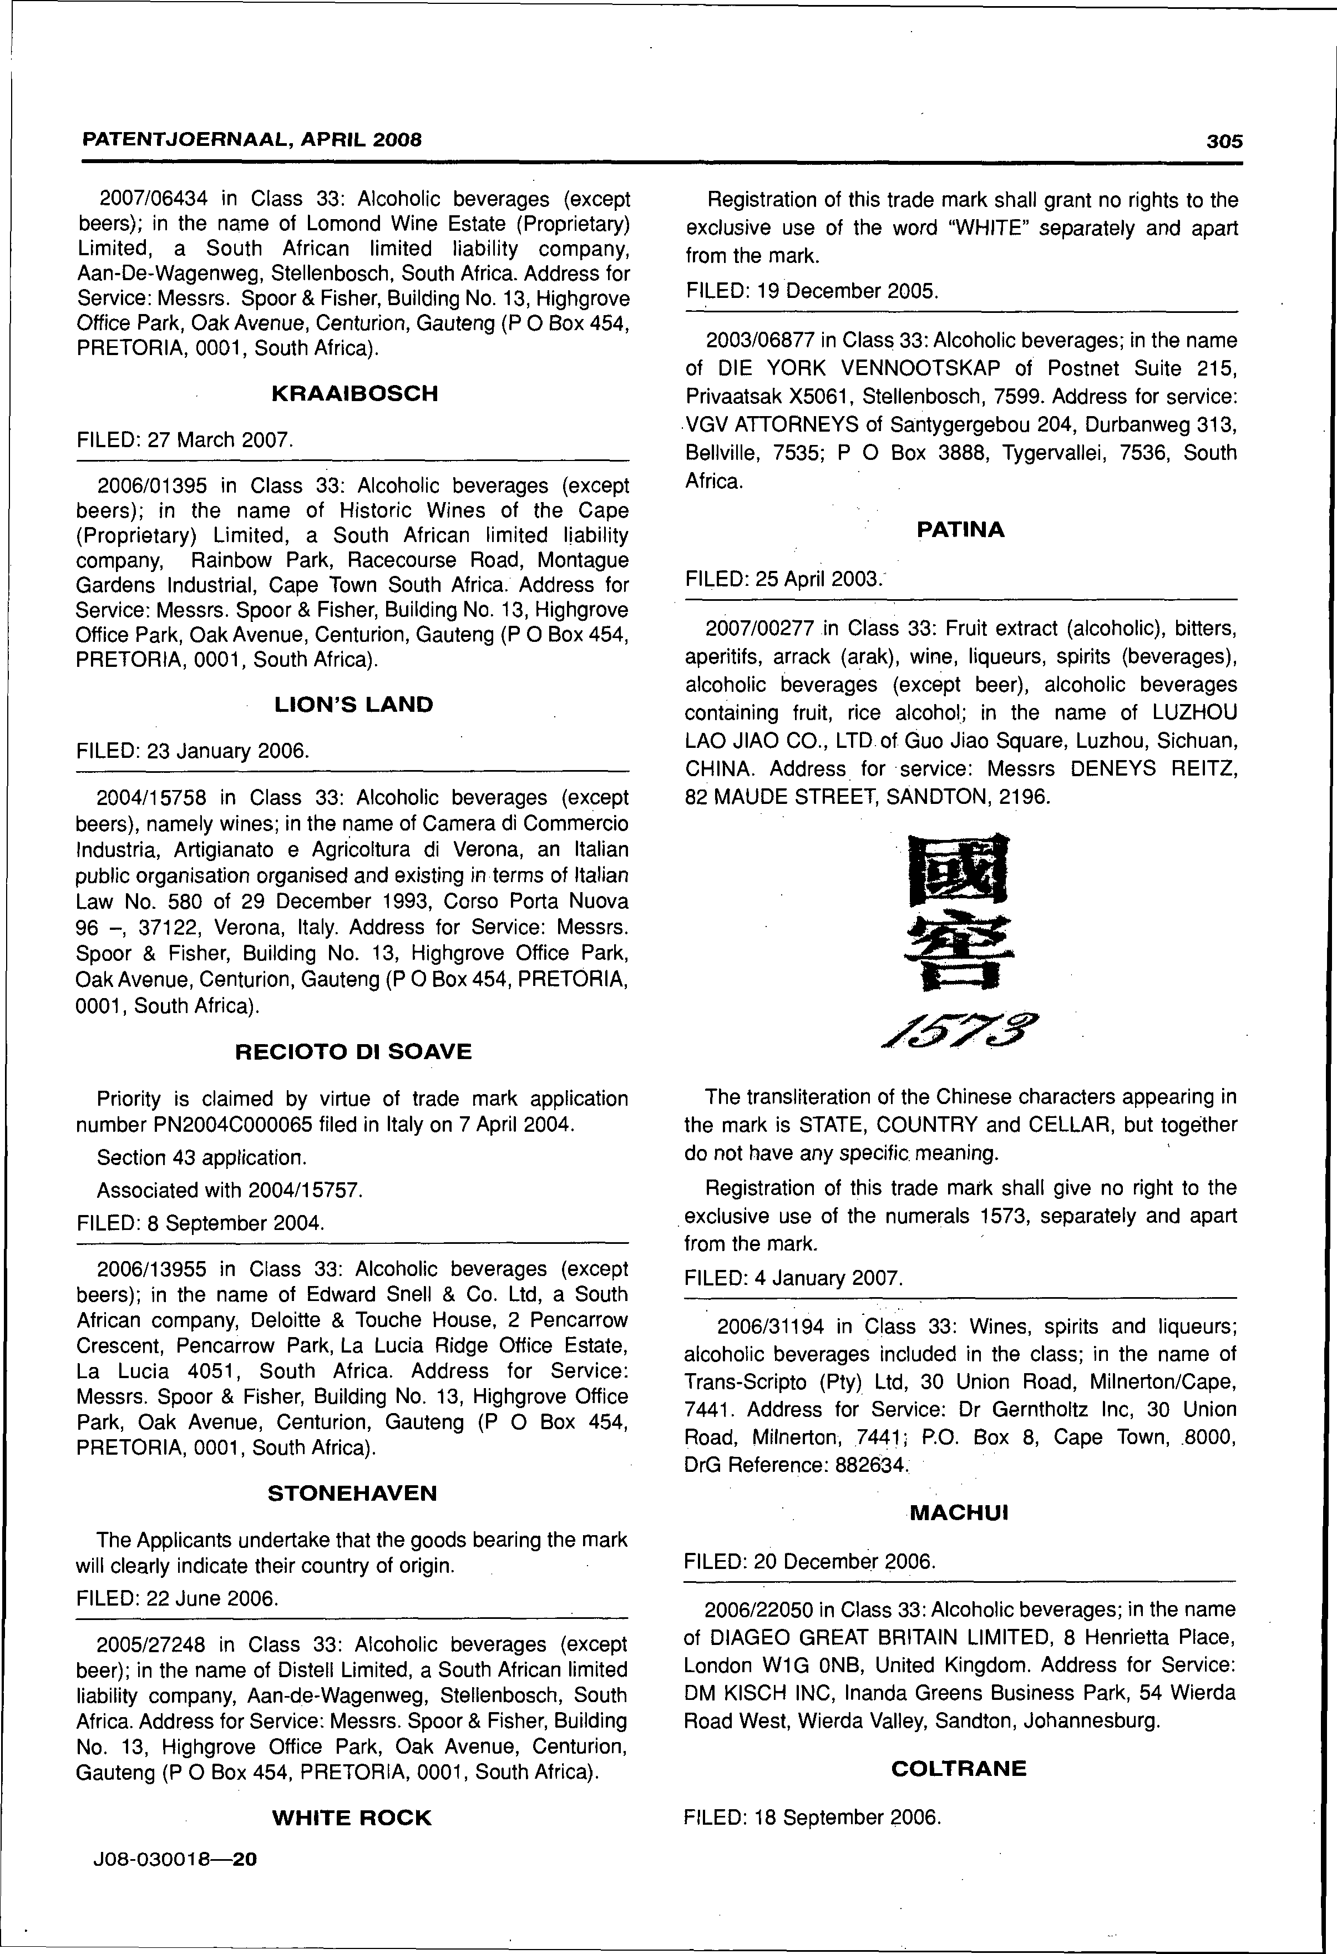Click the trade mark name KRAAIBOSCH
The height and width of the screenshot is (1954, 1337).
354,393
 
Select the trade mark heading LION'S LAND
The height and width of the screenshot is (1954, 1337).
354,705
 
